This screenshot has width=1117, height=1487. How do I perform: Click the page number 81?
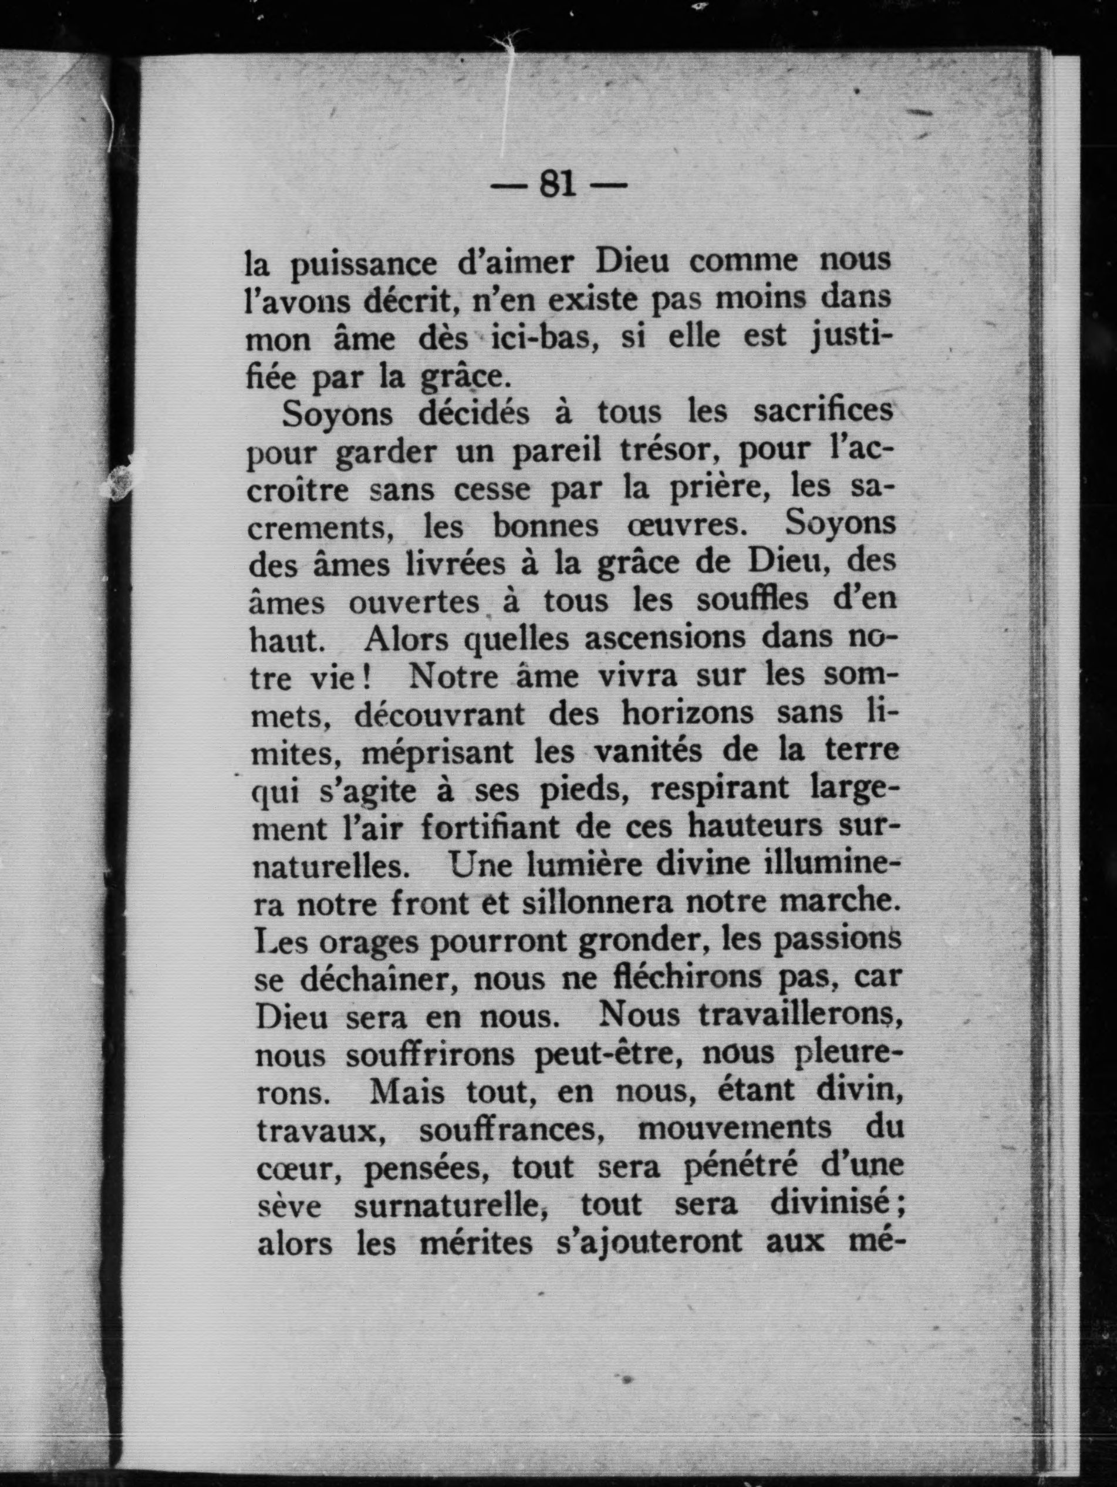558,183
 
